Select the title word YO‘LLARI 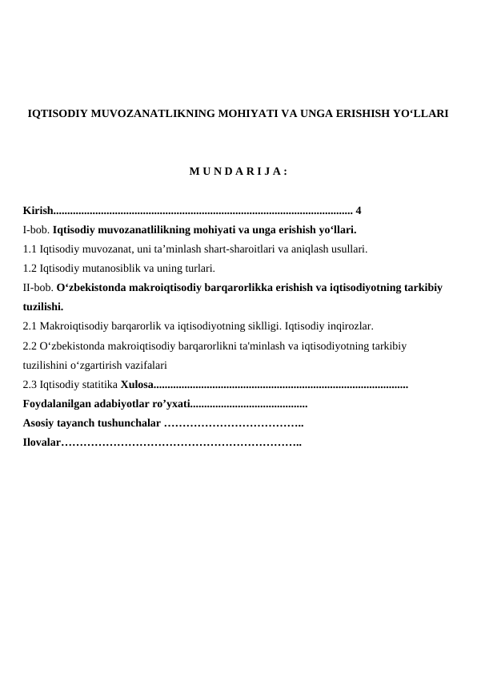pos(419,115)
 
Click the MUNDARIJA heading pos(238,171)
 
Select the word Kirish pos(37,211)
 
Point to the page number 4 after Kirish pos(359,211)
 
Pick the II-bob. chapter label pos(38,286)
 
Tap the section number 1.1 pos(30,249)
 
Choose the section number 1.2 pos(30,268)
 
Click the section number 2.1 pos(30,326)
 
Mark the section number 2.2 pos(30,346)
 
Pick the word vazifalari pos(142,366)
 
